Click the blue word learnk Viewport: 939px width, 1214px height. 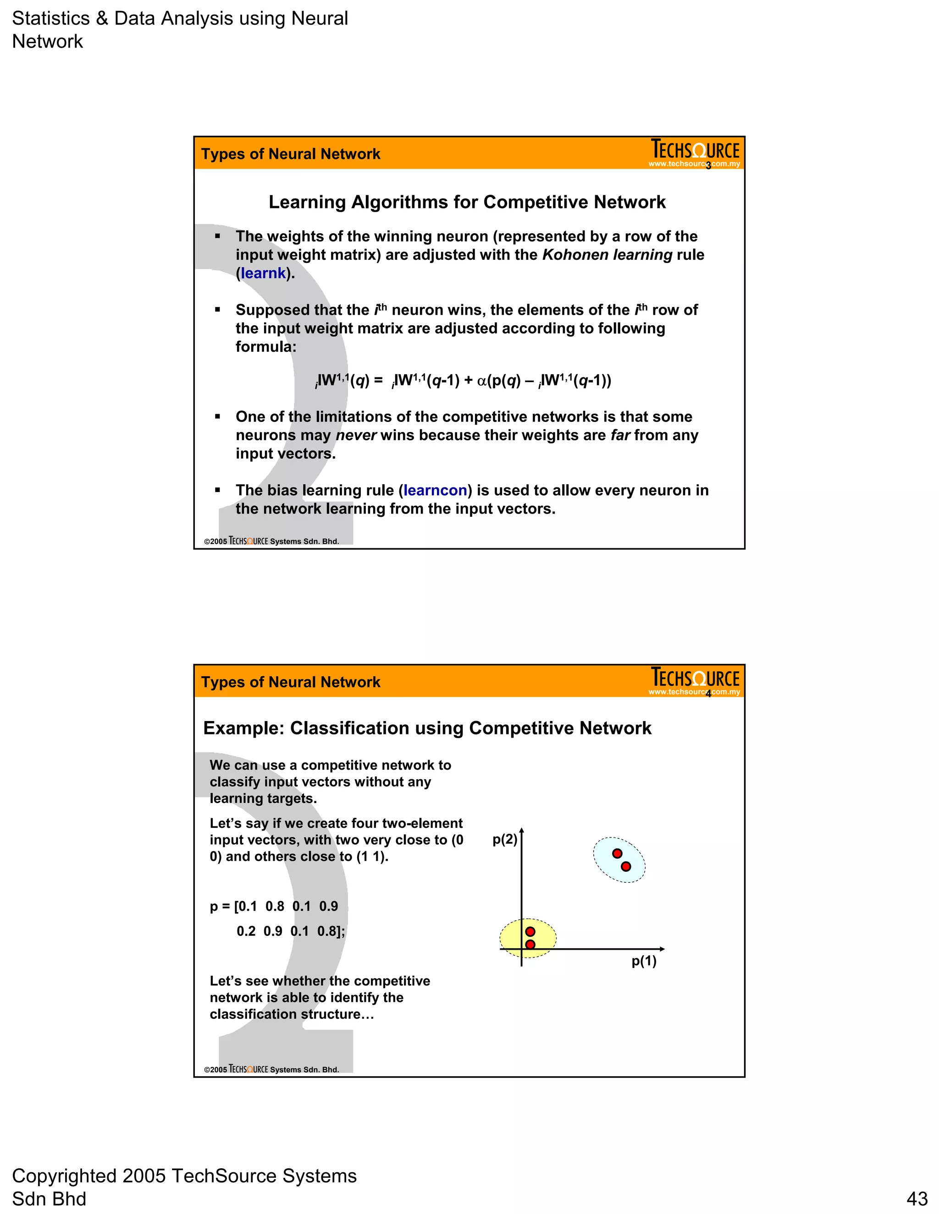click(x=263, y=273)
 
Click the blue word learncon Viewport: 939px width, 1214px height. click(x=435, y=490)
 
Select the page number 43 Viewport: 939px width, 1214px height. click(x=917, y=1198)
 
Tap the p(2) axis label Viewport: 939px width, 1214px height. click(x=504, y=839)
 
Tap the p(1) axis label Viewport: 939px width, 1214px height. click(x=644, y=961)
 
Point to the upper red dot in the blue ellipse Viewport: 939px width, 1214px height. click(x=617, y=853)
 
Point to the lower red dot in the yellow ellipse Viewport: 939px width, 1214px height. click(x=530, y=945)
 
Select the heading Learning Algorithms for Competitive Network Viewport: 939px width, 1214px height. click(x=467, y=202)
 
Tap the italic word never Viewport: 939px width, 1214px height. click(x=356, y=435)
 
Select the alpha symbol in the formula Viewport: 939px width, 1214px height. click(x=482, y=381)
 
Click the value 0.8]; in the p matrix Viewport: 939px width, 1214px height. click(x=331, y=931)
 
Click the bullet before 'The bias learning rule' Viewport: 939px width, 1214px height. click(x=217, y=490)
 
